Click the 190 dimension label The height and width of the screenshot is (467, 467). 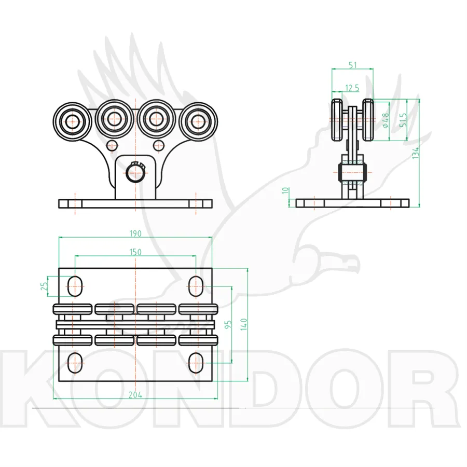pos(135,233)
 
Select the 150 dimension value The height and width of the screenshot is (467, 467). pos(135,252)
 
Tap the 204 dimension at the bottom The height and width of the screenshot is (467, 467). pos(135,395)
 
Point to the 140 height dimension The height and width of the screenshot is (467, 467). pos(244,324)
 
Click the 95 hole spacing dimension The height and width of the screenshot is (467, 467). pos(228,325)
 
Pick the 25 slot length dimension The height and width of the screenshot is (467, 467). pos(44,286)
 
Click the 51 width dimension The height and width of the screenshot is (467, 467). pos(353,65)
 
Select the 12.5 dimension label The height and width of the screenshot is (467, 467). pos(352,88)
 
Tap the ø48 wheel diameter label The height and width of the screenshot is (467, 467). pos(386,120)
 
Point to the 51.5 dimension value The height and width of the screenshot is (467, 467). pos(403,120)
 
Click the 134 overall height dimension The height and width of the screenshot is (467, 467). pos(416,153)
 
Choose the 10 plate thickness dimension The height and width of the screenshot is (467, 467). pos(285,190)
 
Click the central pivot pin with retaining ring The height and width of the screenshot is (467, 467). pos(135,172)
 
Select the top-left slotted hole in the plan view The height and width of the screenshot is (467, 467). pos(75,286)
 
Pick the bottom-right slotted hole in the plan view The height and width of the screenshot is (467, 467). pos(196,363)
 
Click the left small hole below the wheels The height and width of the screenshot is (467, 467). pos(112,146)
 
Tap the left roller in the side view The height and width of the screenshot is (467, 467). pos(337,120)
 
